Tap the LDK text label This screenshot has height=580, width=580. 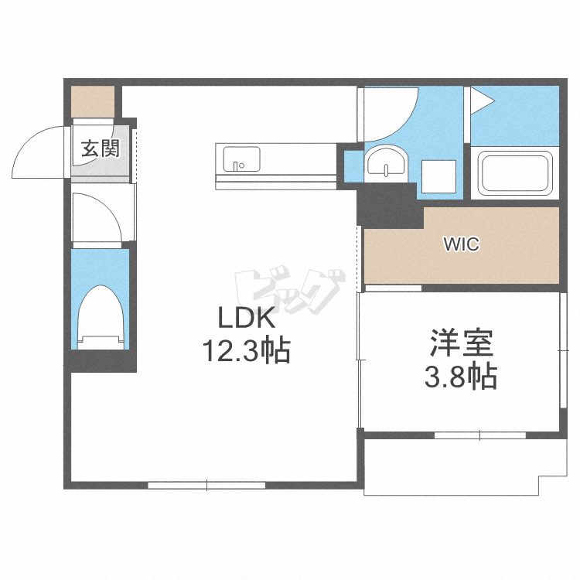245,318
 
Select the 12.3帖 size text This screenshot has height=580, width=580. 245,352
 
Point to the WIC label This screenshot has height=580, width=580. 461,245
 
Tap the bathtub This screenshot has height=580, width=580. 516,174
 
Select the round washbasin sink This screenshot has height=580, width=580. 384,164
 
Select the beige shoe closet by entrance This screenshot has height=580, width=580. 93,101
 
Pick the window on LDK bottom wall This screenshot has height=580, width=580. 207,486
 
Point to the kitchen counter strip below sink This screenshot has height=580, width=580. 275,180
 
